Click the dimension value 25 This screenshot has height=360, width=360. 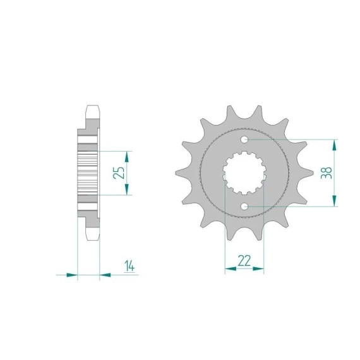point(119,172)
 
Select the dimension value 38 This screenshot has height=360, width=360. point(327,172)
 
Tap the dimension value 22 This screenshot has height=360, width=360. point(244,261)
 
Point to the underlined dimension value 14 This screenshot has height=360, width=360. point(129,266)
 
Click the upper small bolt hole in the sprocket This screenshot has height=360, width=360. point(244,139)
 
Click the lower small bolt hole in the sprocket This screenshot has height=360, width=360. point(244,207)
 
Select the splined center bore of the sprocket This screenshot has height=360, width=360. point(244,172)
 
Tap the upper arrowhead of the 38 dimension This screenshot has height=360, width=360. point(335,145)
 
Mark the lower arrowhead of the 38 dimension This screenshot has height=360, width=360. point(335,201)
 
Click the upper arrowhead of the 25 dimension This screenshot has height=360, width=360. point(127,157)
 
